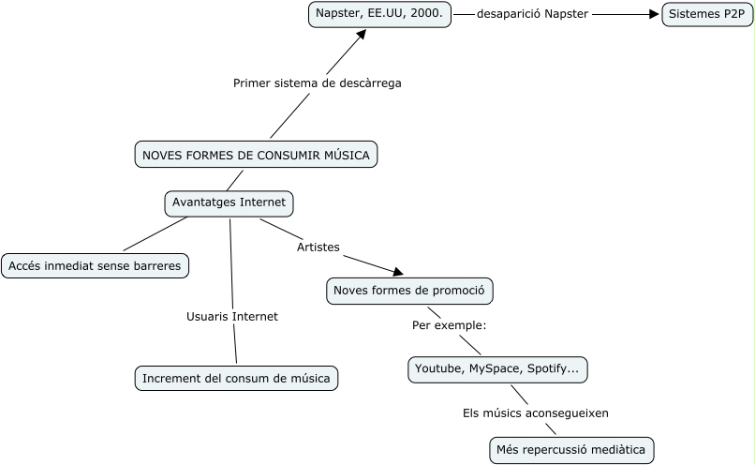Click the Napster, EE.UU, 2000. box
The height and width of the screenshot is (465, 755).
click(380, 15)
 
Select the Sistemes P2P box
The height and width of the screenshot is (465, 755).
click(707, 15)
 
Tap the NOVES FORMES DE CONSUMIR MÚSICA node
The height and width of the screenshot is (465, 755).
click(257, 155)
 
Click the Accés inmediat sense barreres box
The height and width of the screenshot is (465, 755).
click(95, 266)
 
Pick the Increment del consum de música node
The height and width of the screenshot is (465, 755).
click(235, 379)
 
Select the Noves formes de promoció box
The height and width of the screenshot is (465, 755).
click(408, 292)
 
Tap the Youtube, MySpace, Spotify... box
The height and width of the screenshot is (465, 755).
click(497, 369)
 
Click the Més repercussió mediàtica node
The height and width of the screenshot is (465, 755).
click(571, 450)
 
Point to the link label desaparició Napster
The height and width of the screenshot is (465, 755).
click(532, 15)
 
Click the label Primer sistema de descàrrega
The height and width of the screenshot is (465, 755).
click(317, 83)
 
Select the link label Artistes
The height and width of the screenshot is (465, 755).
click(318, 247)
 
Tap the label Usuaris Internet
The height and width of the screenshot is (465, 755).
click(232, 316)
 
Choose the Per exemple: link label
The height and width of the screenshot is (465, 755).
click(450, 325)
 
